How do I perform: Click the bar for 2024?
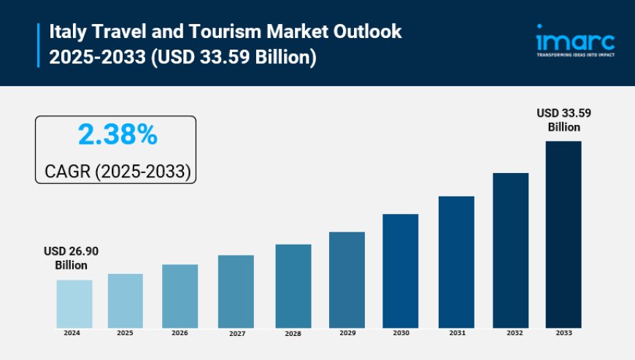tap(74, 304)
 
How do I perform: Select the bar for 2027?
tap(236, 291)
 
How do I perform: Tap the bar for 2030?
tap(401, 271)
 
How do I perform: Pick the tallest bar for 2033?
tap(563, 234)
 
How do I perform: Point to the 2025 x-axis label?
tap(126, 333)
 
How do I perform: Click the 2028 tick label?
tap(293, 333)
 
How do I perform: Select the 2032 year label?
tap(510, 332)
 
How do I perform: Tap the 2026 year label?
tap(180, 333)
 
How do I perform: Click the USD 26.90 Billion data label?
tap(72, 258)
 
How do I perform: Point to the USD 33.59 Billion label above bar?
tap(563, 120)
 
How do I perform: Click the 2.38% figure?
tap(117, 135)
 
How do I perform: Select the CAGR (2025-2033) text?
tap(117, 172)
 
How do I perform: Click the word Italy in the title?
tap(68, 32)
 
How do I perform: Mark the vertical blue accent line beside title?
tap(38, 45)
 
